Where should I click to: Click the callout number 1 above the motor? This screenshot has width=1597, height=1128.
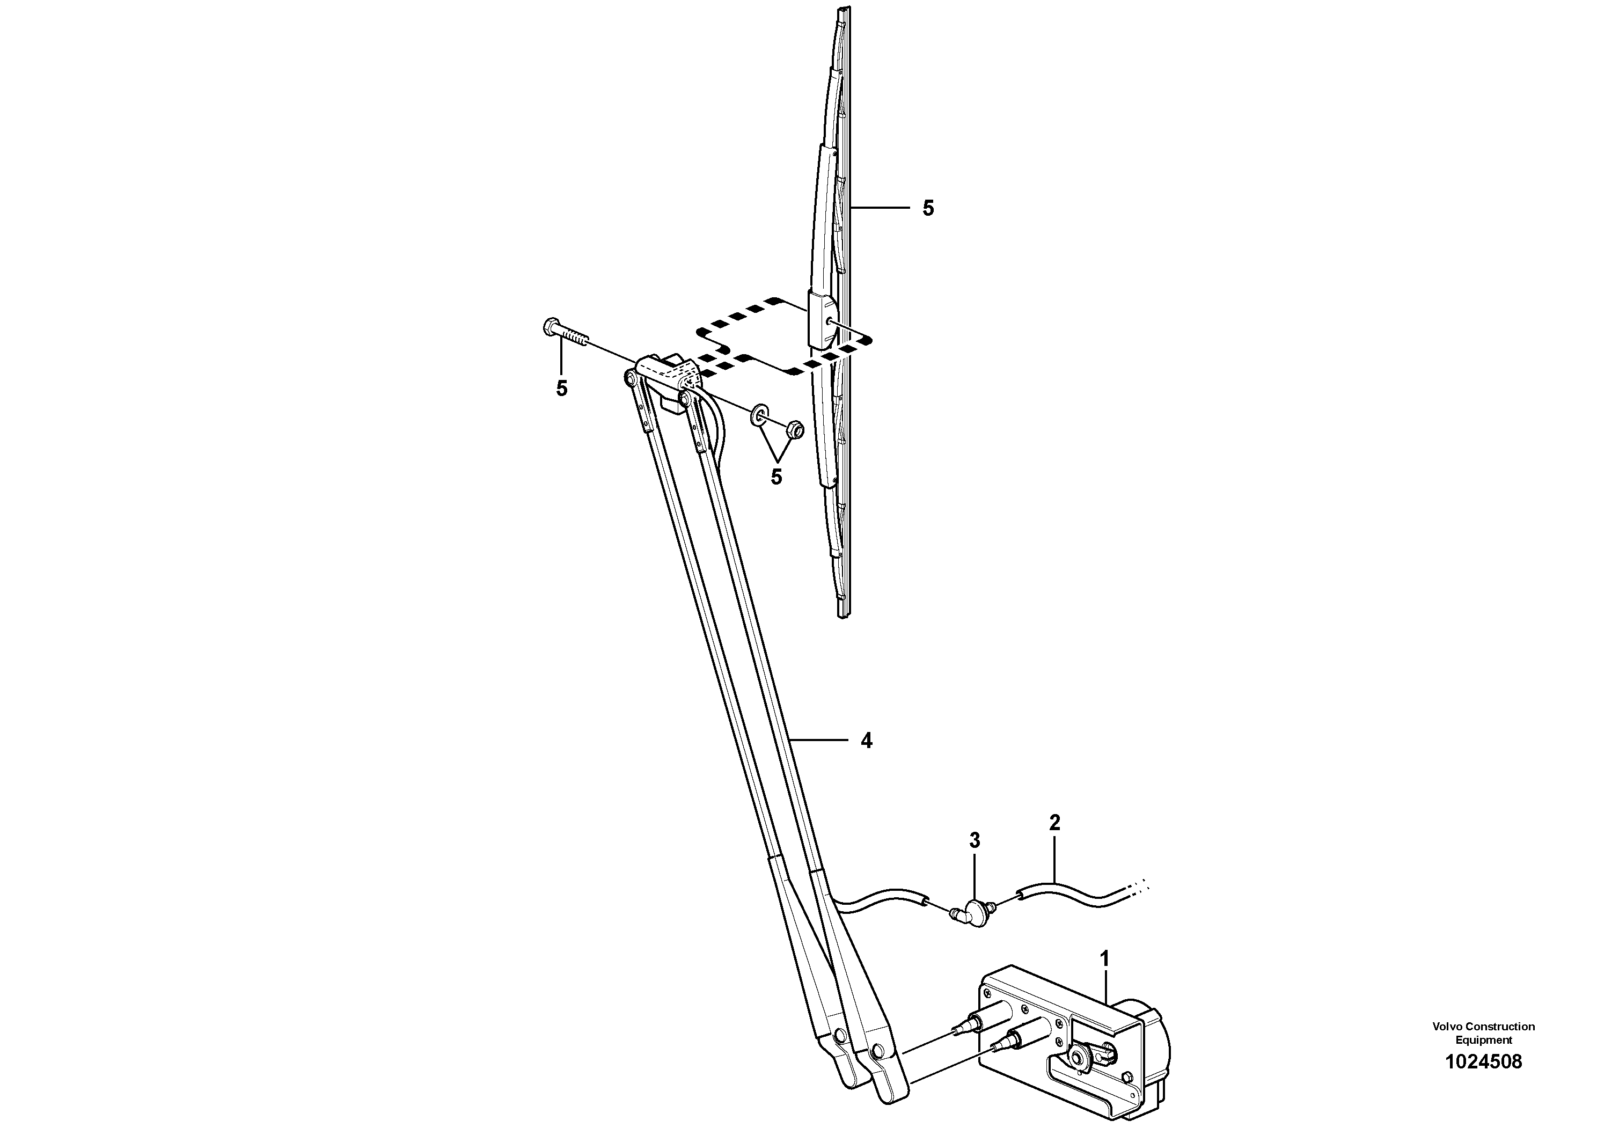[x=1104, y=959]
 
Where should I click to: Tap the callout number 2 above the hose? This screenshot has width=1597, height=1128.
[x=1054, y=823]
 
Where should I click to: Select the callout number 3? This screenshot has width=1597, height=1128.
[x=975, y=841]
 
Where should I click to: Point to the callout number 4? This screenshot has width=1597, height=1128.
[x=866, y=741]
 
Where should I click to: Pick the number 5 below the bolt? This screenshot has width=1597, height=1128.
[x=561, y=389]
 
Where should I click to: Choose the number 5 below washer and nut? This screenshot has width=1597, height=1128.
[x=776, y=477]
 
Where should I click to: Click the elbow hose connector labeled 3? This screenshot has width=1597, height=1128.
[x=976, y=910]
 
